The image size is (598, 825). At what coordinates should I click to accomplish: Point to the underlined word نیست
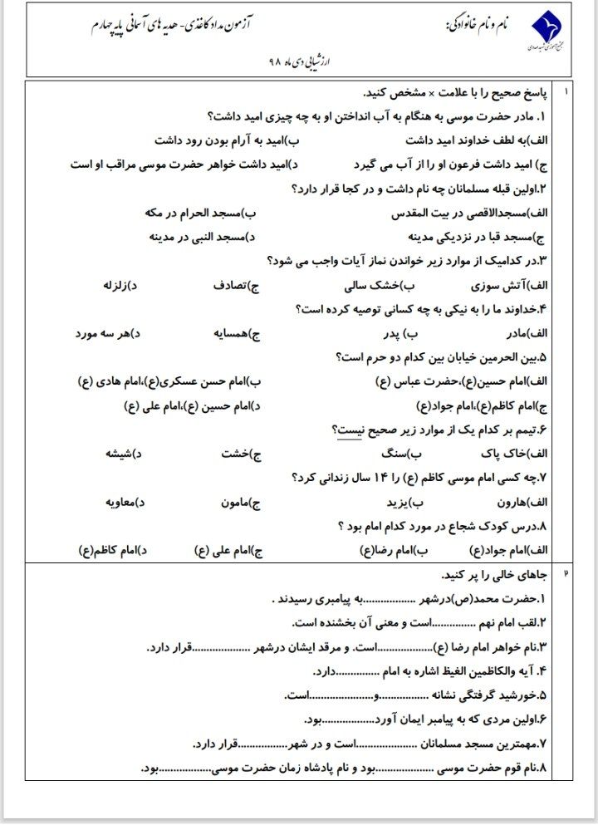[348, 430]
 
